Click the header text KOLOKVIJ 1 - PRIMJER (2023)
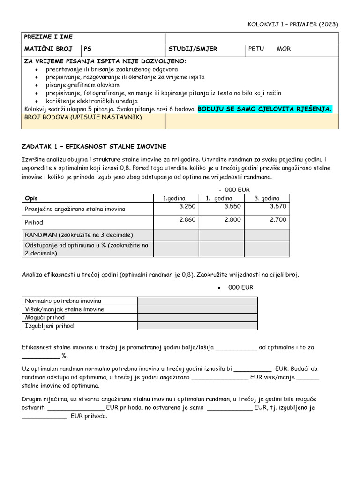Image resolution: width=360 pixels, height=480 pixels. pyautogui.click(x=292, y=24)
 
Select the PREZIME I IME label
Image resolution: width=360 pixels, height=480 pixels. pyautogui.click(x=48, y=37)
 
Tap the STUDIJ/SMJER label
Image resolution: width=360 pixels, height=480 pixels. pyautogui.click(x=193, y=49)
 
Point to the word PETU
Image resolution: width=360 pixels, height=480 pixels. pyautogui.click(x=256, y=49)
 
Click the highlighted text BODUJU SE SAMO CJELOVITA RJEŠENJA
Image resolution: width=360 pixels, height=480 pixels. pyautogui.click(x=265, y=109)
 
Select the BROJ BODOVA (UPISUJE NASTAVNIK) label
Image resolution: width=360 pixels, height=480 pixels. pyautogui.click(x=83, y=117)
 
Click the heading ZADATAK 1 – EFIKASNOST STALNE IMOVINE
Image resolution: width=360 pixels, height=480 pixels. pyautogui.click(x=94, y=147)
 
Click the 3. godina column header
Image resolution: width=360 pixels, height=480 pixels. pyautogui.click(x=267, y=198)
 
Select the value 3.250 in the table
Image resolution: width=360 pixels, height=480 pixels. pyautogui.click(x=187, y=206)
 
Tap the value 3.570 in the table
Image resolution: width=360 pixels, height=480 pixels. pyautogui.click(x=278, y=206)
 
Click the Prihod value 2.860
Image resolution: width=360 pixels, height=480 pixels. pyautogui.click(x=187, y=219)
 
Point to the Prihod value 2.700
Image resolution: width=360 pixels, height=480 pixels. pyautogui.click(x=278, y=219)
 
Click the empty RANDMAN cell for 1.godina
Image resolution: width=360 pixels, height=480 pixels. pyautogui.click(x=176, y=234)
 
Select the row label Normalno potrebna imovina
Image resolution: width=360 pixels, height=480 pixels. pyautogui.click(x=63, y=301)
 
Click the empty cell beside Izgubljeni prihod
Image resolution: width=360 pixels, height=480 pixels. pyautogui.click(x=197, y=326)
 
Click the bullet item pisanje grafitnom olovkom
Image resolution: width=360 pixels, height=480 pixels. pyautogui.click(x=82, y=85)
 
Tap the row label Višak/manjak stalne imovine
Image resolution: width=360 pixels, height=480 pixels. pyautogui.click(x=65, y=309)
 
